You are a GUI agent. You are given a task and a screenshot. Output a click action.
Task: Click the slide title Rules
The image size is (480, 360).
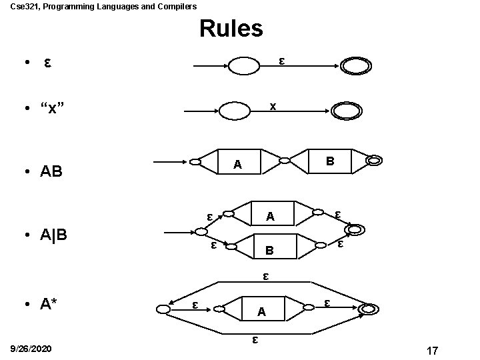(x=231, y=29)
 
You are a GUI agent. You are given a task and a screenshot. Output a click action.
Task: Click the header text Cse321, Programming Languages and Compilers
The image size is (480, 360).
(x=98, y=6)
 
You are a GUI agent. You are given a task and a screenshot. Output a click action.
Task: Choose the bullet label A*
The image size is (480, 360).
(x=49, y=305)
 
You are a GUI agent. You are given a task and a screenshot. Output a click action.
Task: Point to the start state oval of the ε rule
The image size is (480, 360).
(x=243, y=66)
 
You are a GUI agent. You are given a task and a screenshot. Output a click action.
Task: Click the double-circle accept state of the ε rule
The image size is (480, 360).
(x=355, y=66)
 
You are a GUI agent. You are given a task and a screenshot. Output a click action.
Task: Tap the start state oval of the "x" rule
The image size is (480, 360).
(x=237, y=110)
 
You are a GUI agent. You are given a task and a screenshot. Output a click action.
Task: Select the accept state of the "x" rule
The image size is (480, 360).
(x=346, y=110)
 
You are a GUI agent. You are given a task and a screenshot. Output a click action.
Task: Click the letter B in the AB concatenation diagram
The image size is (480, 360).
(x=329, y=161)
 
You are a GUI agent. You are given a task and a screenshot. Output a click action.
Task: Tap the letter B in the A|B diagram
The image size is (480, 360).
(x=269, y=251)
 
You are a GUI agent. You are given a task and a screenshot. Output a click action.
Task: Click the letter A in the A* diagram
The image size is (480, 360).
(x=262, y=311)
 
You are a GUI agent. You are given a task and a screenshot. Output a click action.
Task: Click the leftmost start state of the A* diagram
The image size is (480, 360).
(x=163, y=309)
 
